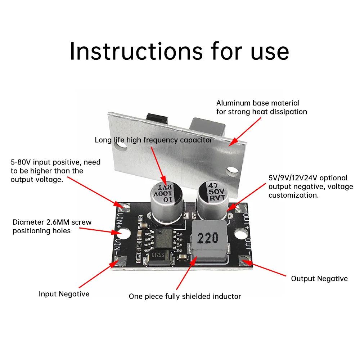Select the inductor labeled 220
pyautogui.click(x=208, y=238)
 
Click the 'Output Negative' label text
pyautogui.click(x=319, y=279)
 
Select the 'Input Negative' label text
pyautogui.click(x=64, y=294)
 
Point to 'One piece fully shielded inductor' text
pyautogui.click(x=185, y=297)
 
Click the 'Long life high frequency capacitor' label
pyautogui.click(x=153, y=140)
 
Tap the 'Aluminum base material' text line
pyautogui.click(x=258, y=103)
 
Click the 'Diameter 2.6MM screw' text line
pyautogui.click(x=52, y=222)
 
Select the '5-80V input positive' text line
pyautogui.click(x=55, y=162)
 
